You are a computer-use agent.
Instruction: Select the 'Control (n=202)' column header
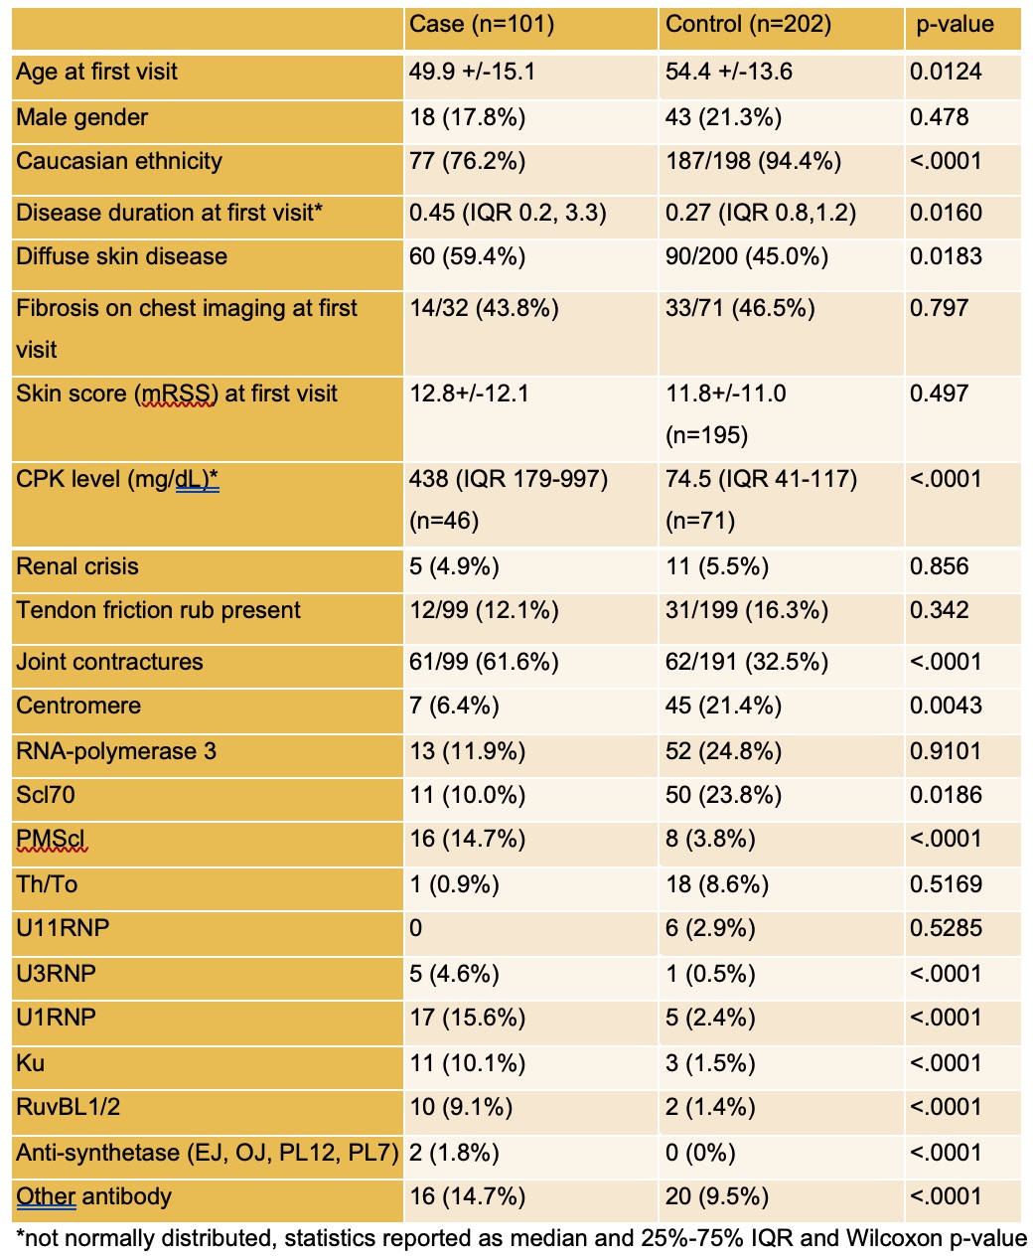[748, 24]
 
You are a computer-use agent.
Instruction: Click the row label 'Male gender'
[82, 117]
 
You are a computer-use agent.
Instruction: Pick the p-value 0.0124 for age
[946, 72]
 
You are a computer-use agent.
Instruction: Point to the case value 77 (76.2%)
[468, 161]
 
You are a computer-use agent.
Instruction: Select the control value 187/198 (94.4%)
[754, 161]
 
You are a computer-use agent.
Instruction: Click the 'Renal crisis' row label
[77, 566]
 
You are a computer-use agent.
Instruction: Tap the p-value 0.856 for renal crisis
[939, 566]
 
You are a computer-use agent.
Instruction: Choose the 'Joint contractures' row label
[109, 662]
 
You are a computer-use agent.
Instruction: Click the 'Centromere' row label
[78, 706]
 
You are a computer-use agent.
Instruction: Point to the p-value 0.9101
[946, 751]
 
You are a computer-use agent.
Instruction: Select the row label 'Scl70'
[46, 795]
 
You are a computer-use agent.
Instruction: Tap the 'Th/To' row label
[47, 884]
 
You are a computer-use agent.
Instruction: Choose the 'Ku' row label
[31, 1063]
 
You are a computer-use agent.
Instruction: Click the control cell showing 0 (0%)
[700, 1153]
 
